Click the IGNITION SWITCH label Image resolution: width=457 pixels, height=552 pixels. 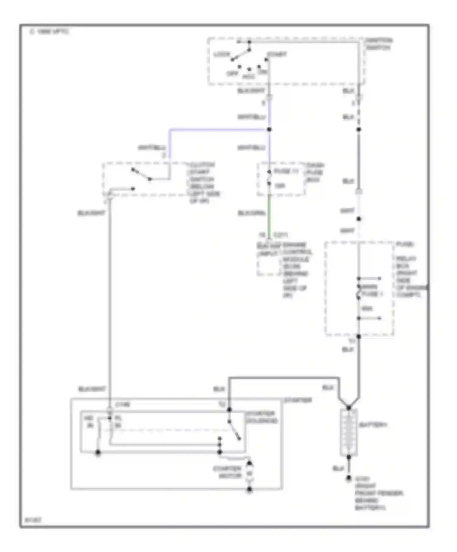pyautogui.click(x=379, y=44)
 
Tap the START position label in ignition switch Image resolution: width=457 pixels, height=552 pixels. pyautogui.click(x=277, y=54)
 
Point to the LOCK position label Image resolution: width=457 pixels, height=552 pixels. pyautogui.click(x=221, y=54)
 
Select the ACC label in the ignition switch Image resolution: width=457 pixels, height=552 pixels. pyautogui.click(x=249, y=77)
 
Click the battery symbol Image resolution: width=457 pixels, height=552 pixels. pyautogui.click(x=349, y=432)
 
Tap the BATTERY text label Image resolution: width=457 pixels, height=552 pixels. pyautogui.click(x=373, y=425)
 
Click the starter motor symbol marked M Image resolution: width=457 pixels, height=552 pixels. pyautogui.click(x=250, y=473)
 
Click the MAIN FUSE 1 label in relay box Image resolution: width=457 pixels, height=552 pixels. pyautogui.click(x=371, y=291)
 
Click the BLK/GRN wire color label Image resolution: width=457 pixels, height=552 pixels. pyautogui.click(x=252, y=213)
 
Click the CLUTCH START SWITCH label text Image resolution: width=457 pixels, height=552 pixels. pyautogui.click(x=203, y=183)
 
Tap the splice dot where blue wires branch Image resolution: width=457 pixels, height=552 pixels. pyautogui.click(x=269, y=130)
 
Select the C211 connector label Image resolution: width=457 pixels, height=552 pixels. pyautogui.click(x=281, y=235)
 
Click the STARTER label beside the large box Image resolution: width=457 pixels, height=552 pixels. pyautogui.click(x=298, y=400)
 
